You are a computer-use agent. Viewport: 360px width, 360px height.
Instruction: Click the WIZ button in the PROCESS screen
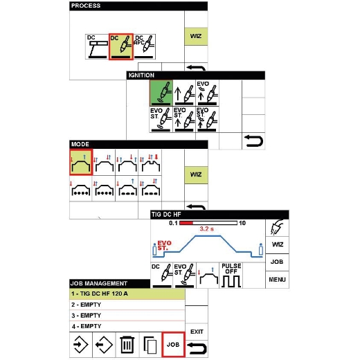196,36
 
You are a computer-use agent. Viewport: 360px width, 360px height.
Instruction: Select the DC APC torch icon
145,46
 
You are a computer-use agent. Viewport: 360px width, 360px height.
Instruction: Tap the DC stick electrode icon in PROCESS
97,46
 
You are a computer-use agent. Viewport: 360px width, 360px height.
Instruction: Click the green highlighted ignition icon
161,93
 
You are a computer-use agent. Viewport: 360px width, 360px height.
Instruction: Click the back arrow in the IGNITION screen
253,141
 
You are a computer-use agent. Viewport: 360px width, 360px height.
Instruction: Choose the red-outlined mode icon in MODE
81,163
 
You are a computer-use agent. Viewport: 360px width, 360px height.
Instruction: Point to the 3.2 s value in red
206,229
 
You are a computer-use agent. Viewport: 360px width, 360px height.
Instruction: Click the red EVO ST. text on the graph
164,246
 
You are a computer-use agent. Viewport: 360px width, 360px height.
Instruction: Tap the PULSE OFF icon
231,276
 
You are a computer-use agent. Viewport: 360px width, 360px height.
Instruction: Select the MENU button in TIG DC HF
277,280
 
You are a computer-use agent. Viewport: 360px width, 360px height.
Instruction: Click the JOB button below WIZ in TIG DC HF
277,262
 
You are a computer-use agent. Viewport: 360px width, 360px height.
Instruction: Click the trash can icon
127,345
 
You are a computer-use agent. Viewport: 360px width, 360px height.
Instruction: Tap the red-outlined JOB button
173,345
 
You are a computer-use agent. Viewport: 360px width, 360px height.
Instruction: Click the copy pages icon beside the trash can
150,345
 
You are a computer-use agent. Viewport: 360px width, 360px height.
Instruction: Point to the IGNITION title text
141,75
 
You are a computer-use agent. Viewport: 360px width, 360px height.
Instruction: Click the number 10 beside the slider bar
242,223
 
